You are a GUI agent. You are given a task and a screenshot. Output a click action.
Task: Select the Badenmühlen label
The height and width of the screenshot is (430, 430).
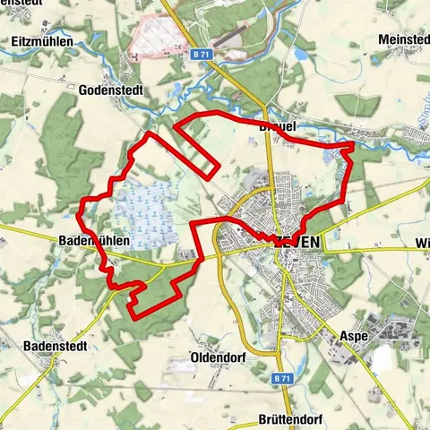coord(94,241)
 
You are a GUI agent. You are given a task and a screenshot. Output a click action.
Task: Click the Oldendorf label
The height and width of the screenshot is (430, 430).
coord(219,357)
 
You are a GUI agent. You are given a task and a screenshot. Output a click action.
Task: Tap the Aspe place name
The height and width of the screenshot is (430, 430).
coord(354,336)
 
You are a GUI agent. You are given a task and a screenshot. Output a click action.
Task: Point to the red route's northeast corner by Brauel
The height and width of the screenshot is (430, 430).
coord(351,142)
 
